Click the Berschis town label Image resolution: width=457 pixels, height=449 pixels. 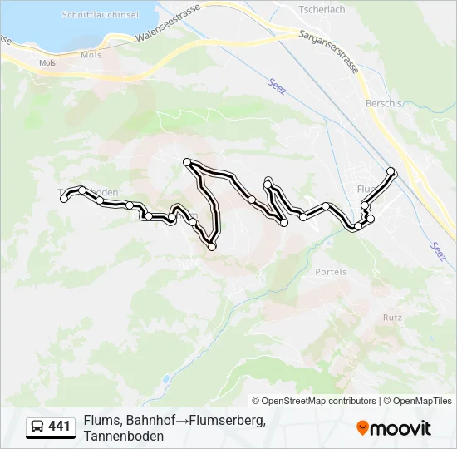click(383, 103)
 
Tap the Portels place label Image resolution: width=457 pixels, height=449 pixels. click(330, 272)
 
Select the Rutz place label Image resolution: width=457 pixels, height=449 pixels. click(392, 318)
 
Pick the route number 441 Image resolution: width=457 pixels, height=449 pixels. click(59, 427)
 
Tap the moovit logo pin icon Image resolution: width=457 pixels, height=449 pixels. click(362, 428)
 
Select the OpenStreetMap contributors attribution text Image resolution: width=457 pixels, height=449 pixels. click(314, 401)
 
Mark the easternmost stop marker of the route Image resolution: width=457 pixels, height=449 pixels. click(391, 171)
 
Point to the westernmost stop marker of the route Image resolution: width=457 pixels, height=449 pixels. click(64, 199)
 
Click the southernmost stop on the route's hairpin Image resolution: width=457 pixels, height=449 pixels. click(212, 246)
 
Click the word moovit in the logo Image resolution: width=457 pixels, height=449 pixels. click(401, 428)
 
